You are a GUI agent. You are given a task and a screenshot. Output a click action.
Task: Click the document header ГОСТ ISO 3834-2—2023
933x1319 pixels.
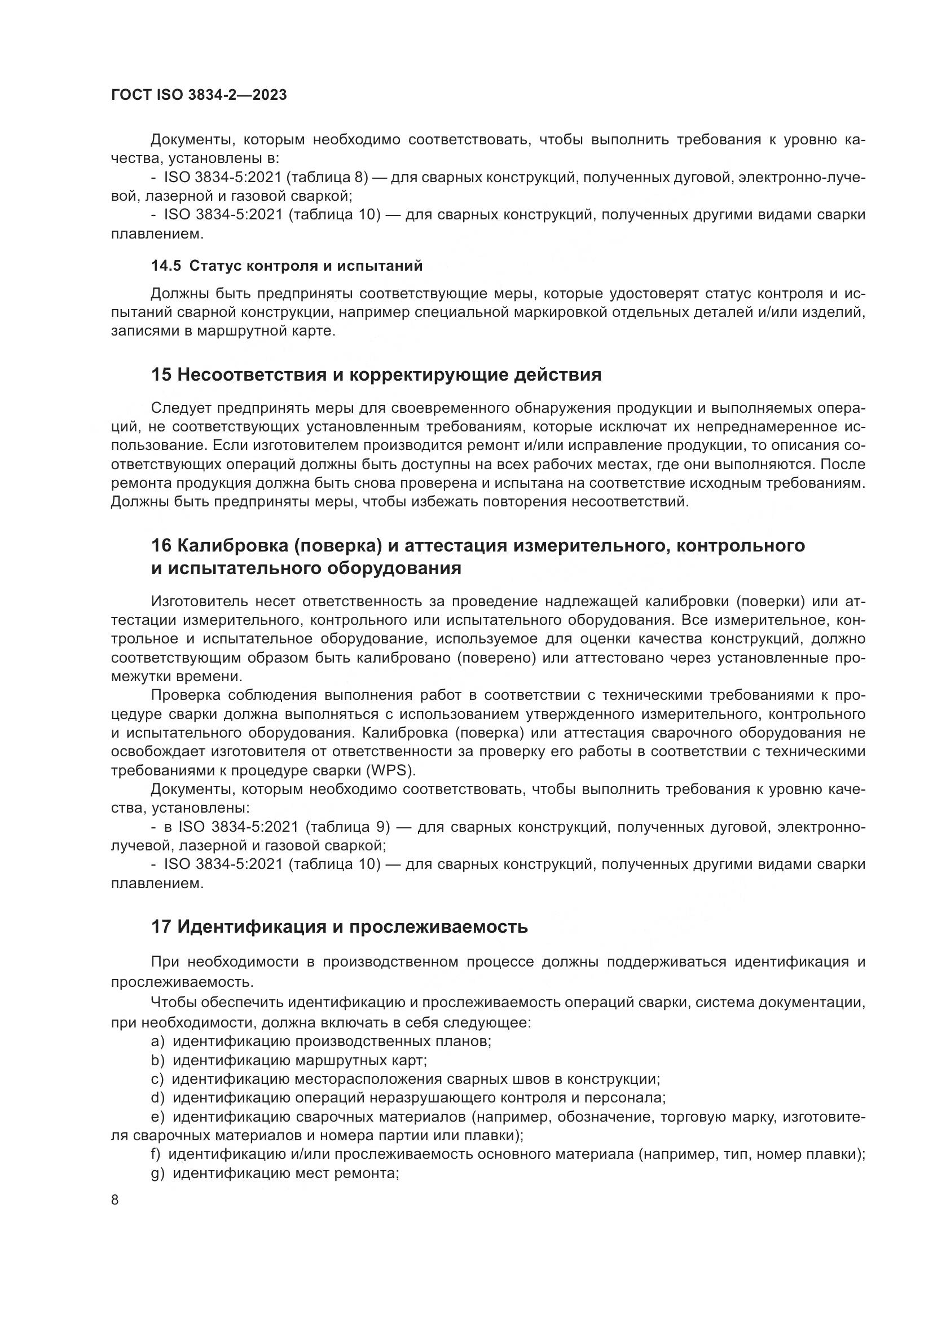199,95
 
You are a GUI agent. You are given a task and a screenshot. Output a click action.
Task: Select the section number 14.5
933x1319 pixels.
165,266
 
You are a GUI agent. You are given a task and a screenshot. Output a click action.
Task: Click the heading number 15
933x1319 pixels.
161,375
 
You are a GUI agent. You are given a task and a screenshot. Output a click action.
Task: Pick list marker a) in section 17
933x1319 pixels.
157,1041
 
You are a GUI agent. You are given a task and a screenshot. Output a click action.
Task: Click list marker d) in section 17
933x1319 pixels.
157,1098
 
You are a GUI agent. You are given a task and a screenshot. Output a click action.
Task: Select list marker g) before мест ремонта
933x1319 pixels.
157,1174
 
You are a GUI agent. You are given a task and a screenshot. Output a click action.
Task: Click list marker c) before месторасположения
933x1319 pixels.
157,1079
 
